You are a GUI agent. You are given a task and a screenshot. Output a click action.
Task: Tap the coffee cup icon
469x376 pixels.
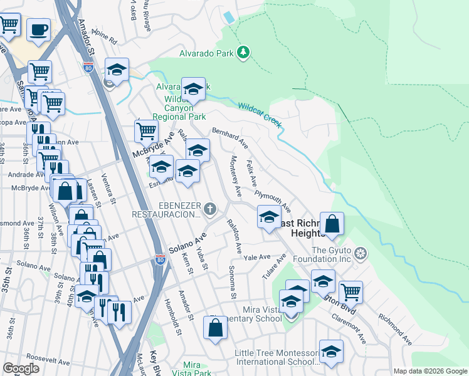(38, 28)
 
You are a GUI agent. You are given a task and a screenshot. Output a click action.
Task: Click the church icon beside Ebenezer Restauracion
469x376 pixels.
(210, 208)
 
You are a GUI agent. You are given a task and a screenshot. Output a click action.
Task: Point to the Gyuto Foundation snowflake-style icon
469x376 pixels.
(360, 254)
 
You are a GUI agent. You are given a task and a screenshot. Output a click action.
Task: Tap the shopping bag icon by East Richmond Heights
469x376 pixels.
(332, 224)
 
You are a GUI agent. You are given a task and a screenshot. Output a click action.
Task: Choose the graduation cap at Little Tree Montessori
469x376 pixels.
(331, 351)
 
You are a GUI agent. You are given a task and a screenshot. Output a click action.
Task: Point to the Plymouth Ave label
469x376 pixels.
(273, 202)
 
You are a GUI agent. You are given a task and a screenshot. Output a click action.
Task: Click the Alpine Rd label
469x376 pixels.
(105, 38)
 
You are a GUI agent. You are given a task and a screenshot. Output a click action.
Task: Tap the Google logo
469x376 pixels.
(21, 368)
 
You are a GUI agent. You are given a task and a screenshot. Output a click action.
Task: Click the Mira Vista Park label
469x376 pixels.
(191, 368)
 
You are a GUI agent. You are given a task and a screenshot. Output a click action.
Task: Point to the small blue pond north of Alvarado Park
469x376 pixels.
(228, 17)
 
